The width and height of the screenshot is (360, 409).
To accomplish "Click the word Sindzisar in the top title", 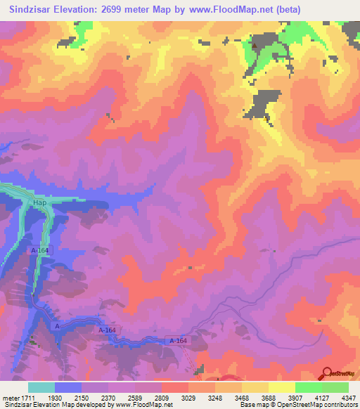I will [x=30, y=10].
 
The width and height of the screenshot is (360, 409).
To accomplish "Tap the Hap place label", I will [x=39, y=202].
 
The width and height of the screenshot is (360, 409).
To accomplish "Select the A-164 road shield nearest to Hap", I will [x=41, y=250].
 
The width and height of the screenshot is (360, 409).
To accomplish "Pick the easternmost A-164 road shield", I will [x=178, y=341].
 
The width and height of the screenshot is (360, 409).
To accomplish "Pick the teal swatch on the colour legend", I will [x=41, y=388].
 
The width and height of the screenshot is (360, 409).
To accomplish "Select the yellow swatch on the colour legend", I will [x=282, y=388].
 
